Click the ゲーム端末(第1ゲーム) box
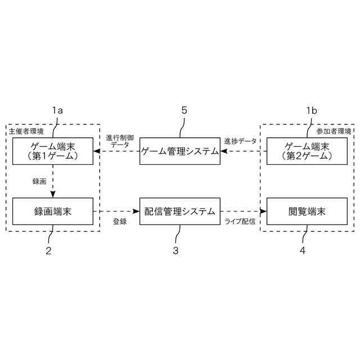click(53, 151)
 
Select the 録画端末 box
click(53, 211)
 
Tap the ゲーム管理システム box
click(179, 151)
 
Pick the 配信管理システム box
click(179, 211)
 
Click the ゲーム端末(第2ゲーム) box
click(307, 151)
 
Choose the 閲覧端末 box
click(307, 211)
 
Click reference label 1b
click(311, 111)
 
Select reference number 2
click(49, 251)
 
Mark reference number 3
click(175, 251)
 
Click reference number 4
click(303, 251)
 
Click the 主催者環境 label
click(26, 131)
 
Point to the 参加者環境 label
click(334, 131)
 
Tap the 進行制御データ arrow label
click(119, 141)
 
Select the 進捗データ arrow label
click(240, 141)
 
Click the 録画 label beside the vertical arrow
click(39, 181)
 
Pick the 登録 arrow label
click(119, 222)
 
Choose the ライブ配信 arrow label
click(240, 222)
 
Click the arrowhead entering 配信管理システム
click(136, 211)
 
